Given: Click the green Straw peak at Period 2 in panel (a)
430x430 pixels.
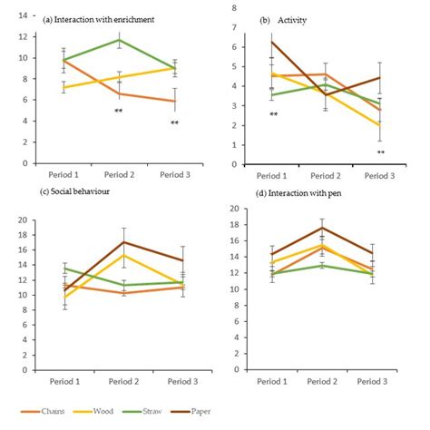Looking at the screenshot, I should point(119,40).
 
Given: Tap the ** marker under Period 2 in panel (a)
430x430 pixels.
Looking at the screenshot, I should point(119,112).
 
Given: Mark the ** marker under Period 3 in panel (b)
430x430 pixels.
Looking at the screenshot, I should point(381,152).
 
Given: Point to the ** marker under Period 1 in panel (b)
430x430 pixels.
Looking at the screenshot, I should point(273,114).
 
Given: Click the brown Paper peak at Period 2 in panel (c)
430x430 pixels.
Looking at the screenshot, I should point(124,241).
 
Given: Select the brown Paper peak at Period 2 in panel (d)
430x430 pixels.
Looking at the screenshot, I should point(321,227).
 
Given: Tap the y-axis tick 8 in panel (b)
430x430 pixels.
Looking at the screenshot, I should point(236,7).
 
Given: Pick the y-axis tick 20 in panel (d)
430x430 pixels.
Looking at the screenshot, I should point(234,209).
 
